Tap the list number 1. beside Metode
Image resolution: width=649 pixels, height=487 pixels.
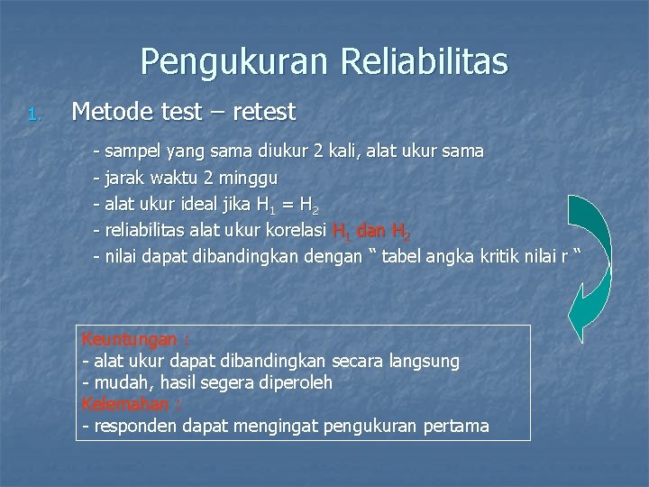click(x=34, y=115)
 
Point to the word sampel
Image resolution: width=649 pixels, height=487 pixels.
click(x=133, y=150)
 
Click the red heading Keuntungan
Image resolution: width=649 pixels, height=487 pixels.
click(x=131, y=340)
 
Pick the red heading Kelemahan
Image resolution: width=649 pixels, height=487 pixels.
click(x=127, y=403)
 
